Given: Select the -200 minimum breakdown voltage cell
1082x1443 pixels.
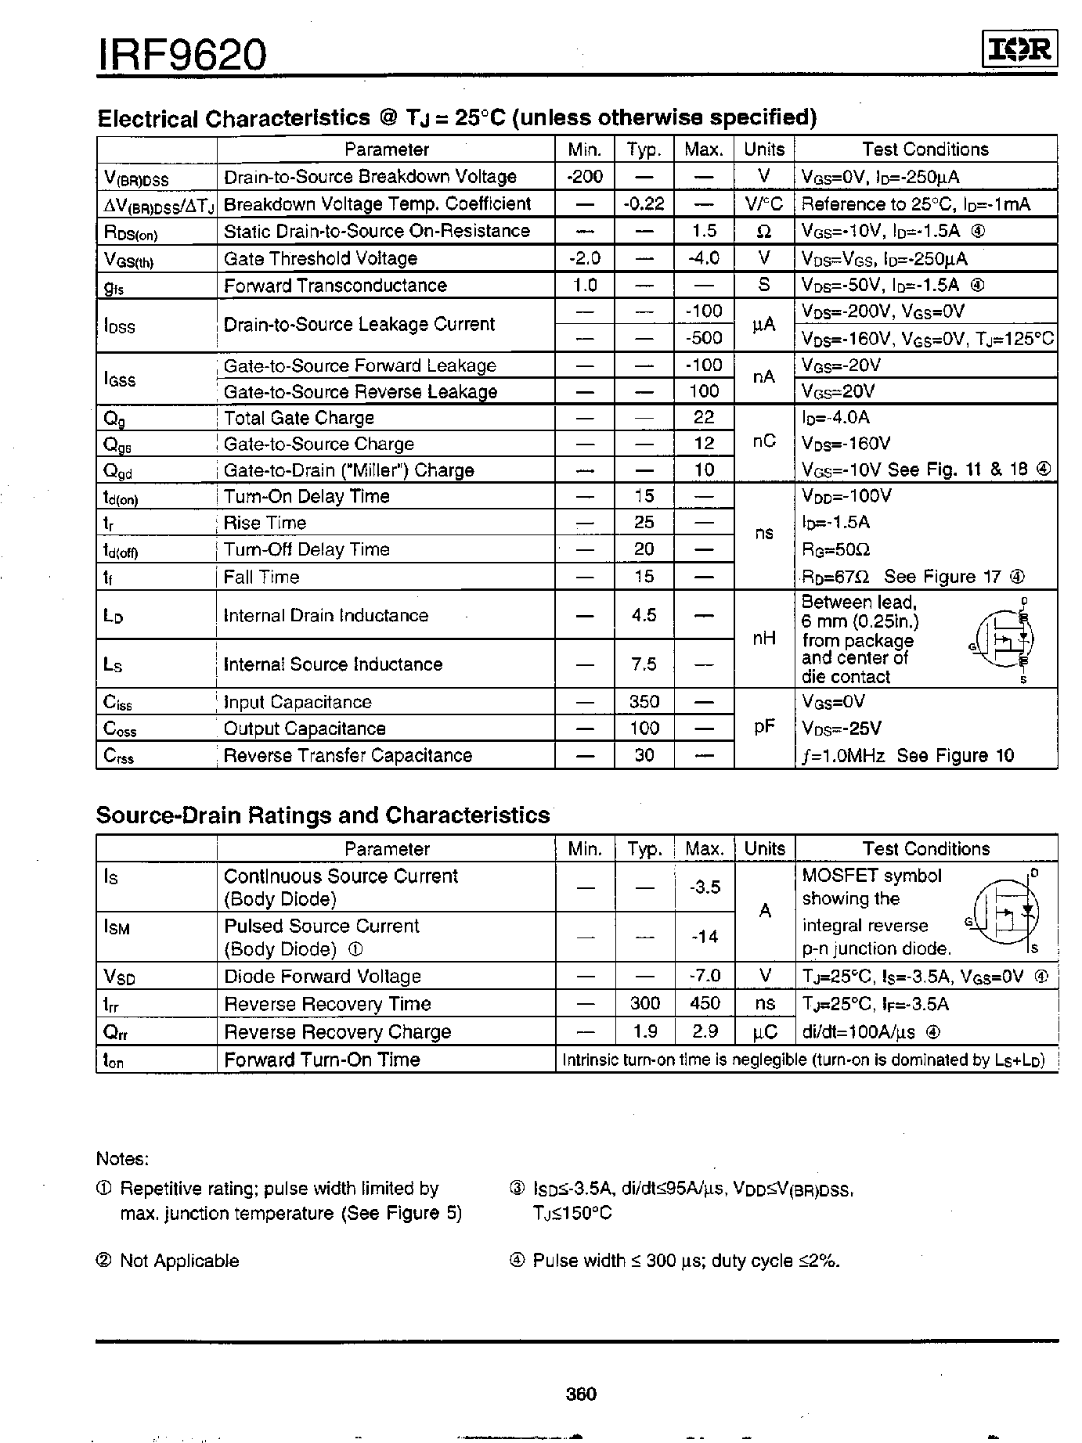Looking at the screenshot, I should coord(584,177).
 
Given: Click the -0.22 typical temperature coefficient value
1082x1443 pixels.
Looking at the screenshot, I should coord(644,204).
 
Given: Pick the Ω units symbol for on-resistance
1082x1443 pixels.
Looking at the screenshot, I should coord(764,232).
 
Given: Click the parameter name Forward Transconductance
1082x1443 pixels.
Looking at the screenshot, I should coord(335,286).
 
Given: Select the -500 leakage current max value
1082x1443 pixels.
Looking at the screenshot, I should coord(704,338).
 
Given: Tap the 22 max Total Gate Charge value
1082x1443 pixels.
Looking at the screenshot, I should coord(704,418).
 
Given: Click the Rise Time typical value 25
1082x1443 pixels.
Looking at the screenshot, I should coord(644,523).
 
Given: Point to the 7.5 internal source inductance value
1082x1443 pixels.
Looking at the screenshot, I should coord(644,664).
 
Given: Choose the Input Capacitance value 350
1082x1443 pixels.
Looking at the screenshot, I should coord(644,702).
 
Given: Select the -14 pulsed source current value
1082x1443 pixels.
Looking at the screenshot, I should coord(704,937).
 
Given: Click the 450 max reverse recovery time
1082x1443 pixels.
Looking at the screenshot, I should coord(704,1004).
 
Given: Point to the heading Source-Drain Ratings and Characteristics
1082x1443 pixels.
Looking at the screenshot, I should coord(323,815).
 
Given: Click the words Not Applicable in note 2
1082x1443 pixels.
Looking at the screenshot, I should coord(179,1261).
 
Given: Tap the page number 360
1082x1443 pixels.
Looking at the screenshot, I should coord(580,1394).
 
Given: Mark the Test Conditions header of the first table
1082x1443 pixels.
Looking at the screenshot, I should coord(925,149).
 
